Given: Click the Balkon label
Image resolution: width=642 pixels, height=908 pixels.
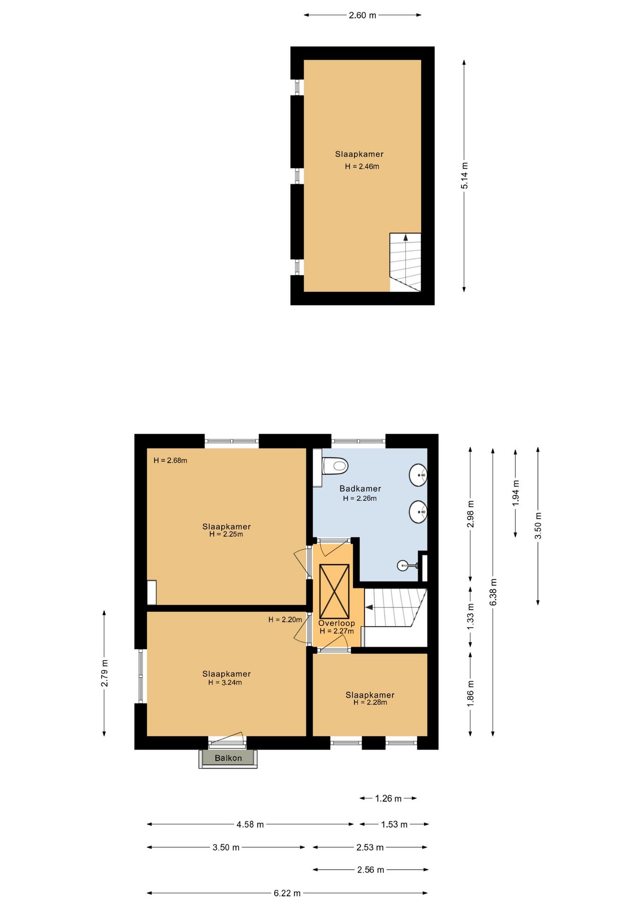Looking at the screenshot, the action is [228, 758].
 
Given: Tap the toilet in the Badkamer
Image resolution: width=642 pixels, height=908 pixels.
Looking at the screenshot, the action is [335, 466].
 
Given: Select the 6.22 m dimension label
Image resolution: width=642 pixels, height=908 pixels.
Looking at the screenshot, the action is [287, 893].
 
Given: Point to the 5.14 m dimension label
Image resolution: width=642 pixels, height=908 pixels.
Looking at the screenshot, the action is [464, 175].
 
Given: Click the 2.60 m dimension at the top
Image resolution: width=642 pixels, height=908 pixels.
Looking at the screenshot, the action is [363, 15].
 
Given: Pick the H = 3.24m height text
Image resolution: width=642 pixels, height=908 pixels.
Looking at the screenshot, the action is [225, 682].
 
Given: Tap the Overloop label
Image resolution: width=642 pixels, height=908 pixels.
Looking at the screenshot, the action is [337, 623].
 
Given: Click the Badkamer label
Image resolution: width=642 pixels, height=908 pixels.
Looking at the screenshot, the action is [360, 489].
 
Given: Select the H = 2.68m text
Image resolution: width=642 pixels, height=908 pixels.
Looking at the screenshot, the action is [170, 460].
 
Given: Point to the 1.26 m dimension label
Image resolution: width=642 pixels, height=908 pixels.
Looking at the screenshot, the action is [388, 798].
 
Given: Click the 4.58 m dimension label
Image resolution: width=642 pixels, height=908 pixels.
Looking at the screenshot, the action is [250, 824].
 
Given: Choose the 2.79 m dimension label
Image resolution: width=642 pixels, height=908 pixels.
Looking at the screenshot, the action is [104, 673].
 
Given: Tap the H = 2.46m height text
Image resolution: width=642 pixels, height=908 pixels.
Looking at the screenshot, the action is [362, 166].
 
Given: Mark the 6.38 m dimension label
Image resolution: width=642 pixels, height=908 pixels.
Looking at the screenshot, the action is [493, 592].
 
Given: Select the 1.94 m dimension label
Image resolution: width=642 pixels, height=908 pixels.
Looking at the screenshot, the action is [516, 493].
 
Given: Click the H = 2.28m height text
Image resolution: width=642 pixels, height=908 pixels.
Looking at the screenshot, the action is [370, 702].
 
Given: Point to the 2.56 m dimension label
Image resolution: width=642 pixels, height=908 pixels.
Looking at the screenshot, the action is [371, 869].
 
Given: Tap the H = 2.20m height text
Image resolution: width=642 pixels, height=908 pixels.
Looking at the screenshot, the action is [285, 620].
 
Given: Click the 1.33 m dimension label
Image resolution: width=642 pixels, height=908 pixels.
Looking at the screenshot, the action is [470, 617].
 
